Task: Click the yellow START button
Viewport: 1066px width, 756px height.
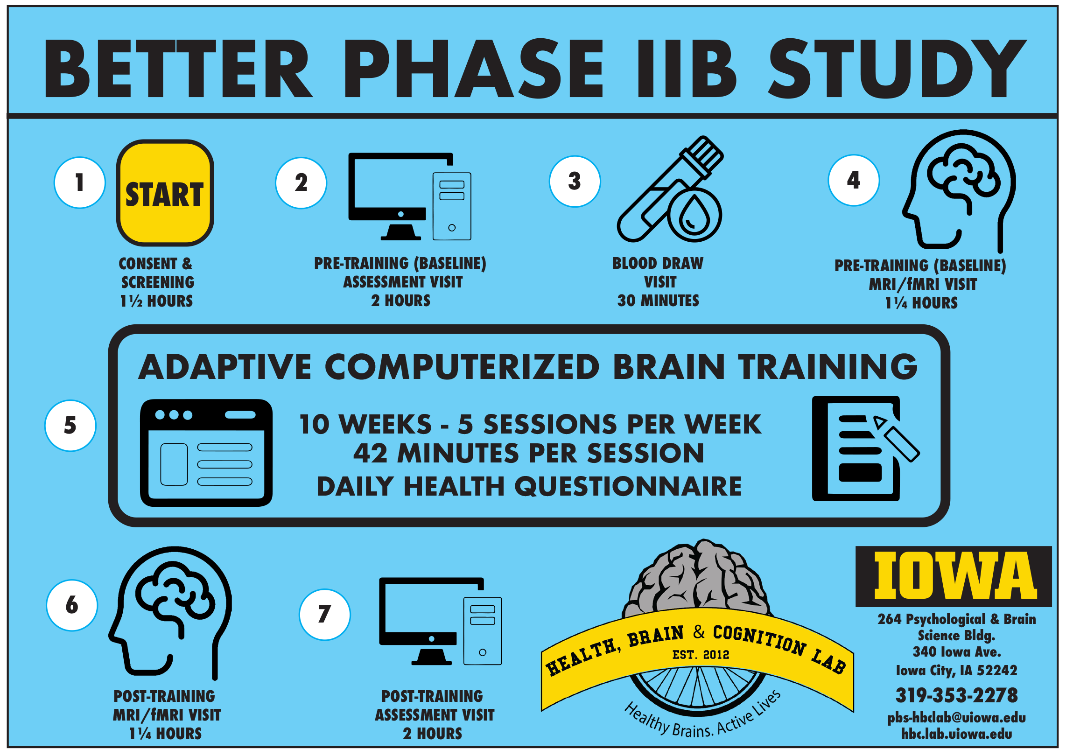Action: (165, 193)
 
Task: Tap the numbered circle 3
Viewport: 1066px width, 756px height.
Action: (575, 181)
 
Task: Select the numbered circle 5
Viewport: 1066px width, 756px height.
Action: (70, 425)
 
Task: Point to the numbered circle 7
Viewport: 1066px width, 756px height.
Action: (324, 614)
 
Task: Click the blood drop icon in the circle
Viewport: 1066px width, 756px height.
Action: (694, 215)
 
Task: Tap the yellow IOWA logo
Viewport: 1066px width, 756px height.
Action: (954, 576)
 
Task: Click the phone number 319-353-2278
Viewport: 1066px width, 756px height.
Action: (956, 695)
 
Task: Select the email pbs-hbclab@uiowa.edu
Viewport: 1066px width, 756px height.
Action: (956, 717)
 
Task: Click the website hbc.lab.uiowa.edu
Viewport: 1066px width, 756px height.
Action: (956, 734)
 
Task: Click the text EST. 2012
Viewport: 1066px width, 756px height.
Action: (701, 655)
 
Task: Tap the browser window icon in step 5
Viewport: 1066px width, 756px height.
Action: (206, 453)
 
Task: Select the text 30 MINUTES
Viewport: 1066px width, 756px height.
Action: (658, 301)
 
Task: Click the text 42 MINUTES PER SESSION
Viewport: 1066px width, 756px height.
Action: (528, 453)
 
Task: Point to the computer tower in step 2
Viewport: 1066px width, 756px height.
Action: (452, 206)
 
